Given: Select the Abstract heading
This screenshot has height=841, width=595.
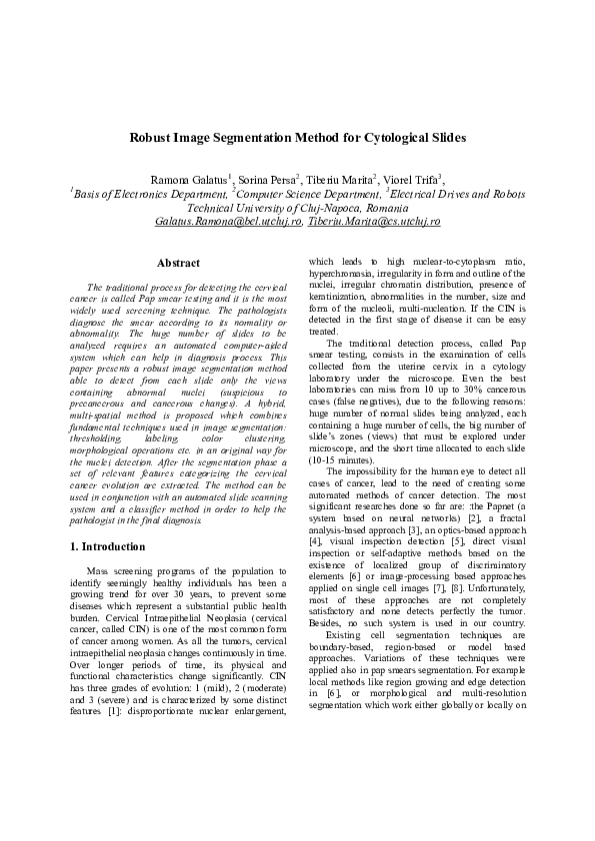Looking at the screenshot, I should (x=180, y=263).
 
